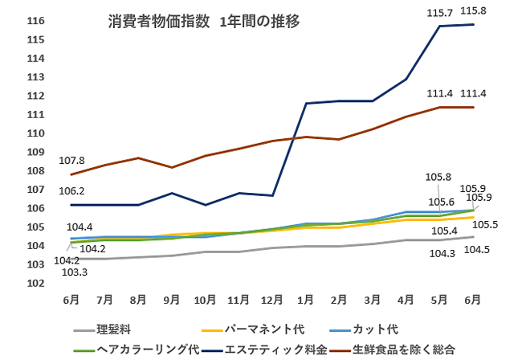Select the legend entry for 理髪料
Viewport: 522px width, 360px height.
[x=112, y=329]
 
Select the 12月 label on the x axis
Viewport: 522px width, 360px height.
[x=271, y=300]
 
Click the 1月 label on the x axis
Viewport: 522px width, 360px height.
[x=305, y=300]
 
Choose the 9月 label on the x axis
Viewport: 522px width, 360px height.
[x=171, y=300]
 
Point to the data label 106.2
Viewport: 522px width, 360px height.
[x=72, y=191]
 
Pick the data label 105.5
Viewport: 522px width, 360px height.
[x=483, y=224]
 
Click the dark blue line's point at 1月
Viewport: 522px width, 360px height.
[x=306, y=103]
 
